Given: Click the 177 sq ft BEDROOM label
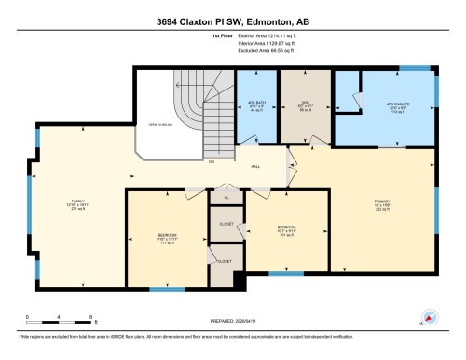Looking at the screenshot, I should tap(168, 238).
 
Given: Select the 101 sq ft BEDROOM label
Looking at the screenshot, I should tap(286, 229).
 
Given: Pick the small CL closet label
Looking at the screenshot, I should tap(225, 198).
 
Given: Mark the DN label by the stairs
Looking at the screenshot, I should tap(211, 162).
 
